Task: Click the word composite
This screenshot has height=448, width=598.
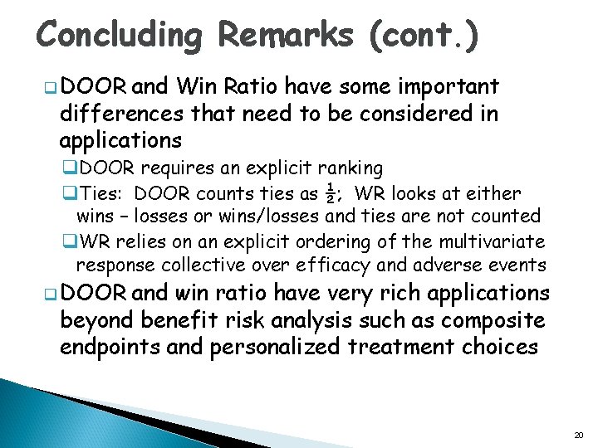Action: (504, 319)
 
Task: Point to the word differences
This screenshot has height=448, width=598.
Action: (126, 113)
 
